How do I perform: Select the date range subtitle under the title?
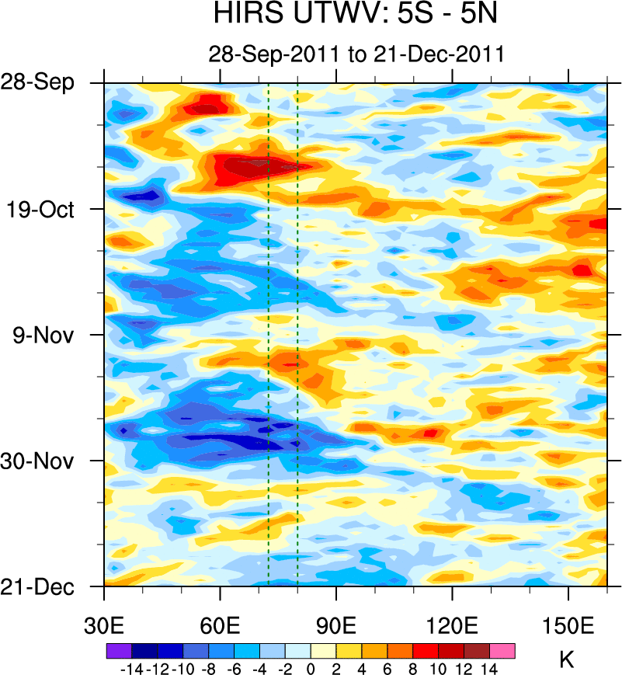(x=356, y=54)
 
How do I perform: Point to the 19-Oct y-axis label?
(x=47, y=209)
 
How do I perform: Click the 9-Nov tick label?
(x=47, y=335)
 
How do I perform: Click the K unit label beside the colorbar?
(x=567, y=660)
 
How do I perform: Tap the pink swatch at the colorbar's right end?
(x=502, y=650)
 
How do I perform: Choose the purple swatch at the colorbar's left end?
(x=118, y=650)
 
